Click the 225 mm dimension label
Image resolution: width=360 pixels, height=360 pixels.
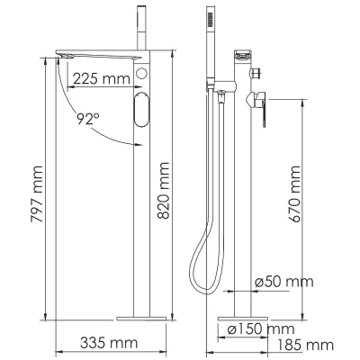click(x=102, y=78)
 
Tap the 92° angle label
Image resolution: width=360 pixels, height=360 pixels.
click(x=87, y=119)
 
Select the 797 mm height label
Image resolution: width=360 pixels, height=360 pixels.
click(x=37, y=194)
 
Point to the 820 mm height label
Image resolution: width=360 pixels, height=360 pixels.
click(x=164, y=191)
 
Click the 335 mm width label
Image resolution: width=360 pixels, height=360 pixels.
click(x=109, y=343)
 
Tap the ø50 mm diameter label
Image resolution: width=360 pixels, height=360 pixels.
click(x=283, y=282)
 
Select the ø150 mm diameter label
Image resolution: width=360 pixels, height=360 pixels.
click(x=261, y=329)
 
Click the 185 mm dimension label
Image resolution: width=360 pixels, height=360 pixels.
click(x=305, y=345)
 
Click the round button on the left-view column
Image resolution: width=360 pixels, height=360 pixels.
click(x=141, y=73)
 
